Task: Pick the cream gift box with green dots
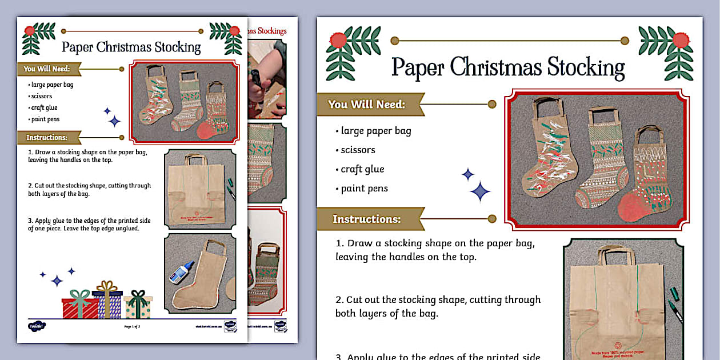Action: tap(138, 307)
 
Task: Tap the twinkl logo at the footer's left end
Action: tap(37, 326)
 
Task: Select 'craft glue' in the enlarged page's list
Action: tap(362, 169)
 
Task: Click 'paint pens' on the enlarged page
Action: tap(364, 189)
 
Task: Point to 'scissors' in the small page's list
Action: tap(42, 96)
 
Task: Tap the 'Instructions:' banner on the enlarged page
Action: tap(366, 219)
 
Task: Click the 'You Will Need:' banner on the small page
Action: tap(47, 69)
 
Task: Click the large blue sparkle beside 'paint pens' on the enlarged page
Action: tap(481, 191)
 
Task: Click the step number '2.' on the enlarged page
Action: tap(339, 300)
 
